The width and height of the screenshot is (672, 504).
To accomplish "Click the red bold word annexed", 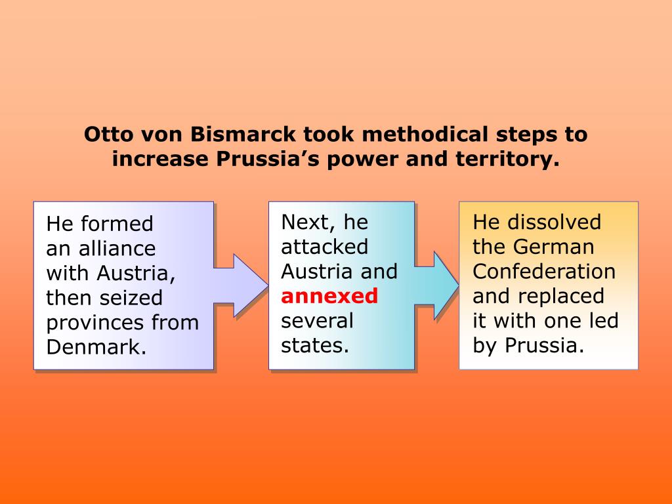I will pyautogui.click(x=329, y=296).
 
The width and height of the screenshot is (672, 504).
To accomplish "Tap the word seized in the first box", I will pyautogui.click(x=131, y=298).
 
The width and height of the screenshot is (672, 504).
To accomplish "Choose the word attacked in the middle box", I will pyautogui.click(x=324, y=247).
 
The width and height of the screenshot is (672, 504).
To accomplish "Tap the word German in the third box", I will pyautogui.click(x=553, y=247).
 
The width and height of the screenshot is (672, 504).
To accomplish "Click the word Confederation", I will pyautogui.click(x=544, y=272).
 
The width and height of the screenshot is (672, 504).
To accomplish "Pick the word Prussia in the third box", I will pyautogui.click(x=544, y=345).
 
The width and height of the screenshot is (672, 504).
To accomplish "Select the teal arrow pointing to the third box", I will pyautogui.click(x=438, y=284).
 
